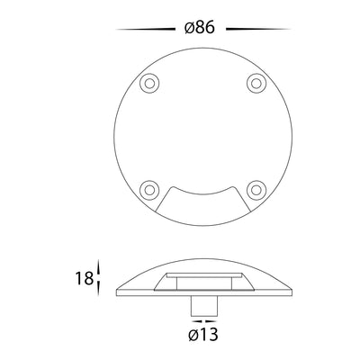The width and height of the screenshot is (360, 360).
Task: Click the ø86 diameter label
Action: point(200,28)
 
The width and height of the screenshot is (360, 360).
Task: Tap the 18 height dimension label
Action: point(85,278)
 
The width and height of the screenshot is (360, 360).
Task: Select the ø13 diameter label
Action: point(203,334)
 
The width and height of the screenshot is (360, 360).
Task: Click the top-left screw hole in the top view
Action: point(149,83)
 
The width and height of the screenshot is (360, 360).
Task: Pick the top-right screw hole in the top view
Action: point(256,83)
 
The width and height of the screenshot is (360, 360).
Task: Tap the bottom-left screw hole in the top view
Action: point(149,190)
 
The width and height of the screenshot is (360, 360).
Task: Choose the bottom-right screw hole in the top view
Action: point(256,190)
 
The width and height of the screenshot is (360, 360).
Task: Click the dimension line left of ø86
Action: point(146,30)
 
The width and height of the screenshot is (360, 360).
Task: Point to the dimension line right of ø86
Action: point(258,29)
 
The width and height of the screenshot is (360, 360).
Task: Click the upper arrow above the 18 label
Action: point(98,266)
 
